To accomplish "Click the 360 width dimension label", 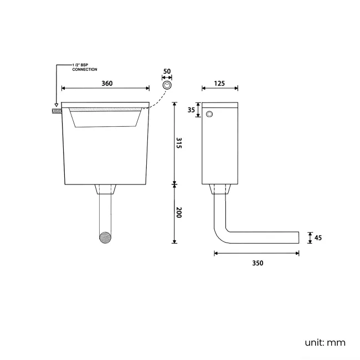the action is coord(107,83).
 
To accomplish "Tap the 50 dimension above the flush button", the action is coord(167,71).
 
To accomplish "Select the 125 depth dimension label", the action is coord(219,83).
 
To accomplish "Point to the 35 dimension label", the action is coord(191,110).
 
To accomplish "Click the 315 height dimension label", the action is coord(179,143).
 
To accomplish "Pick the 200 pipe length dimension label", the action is coord(179,212).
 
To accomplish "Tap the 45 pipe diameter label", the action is coord(318,238).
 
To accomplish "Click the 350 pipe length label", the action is coord(258,263).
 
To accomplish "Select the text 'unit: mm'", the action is coord(325,343).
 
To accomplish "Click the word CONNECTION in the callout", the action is coord(85,70).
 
